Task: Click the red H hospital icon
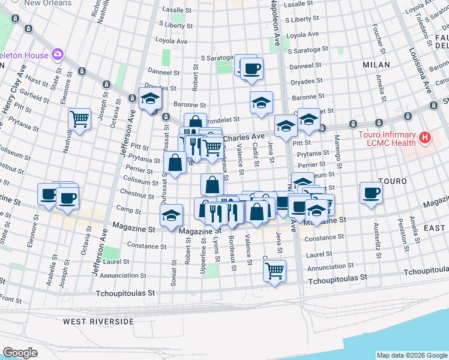coord(425,139)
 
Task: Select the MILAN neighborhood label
coord(376,64)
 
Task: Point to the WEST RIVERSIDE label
coord(98,322)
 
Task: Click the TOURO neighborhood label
coord(393,181)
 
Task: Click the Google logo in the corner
coord(20,353)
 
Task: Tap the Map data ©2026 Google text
coord(411,355)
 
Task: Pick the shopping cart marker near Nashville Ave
coord(79,119)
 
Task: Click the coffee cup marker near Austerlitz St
coord(372,193)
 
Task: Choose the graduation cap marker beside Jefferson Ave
coord(150,99)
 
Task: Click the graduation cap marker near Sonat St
coord(171,215)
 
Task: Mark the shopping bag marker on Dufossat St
coord(175,163)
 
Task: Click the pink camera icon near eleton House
coord(58,55)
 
